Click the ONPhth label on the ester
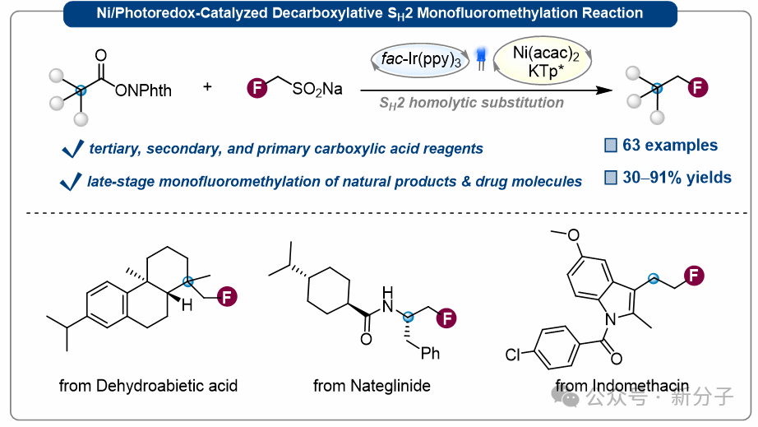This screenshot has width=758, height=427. coord(144,90)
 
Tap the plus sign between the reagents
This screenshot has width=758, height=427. coord(206,86)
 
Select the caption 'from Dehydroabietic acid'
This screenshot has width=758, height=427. coord(148,385)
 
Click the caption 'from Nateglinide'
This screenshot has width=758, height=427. coord(372,385)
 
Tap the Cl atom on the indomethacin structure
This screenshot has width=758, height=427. coord(514,355)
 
